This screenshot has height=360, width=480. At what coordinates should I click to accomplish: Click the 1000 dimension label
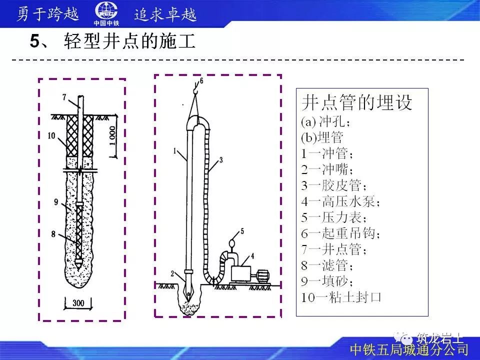pos(112,136)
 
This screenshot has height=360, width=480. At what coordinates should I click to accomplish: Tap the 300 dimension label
pos(78,303)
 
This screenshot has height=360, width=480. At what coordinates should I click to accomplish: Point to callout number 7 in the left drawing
pos(64,97)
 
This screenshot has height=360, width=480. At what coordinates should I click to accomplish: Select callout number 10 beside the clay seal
pos(51,135)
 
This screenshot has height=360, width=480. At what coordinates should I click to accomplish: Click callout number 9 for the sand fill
pos(56,201)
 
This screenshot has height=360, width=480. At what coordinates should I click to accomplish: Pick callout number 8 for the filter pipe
pos(53,234)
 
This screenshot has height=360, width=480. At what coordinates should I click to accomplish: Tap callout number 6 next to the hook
pos(201,81)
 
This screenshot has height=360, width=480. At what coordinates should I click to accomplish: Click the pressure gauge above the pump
pos(232,243)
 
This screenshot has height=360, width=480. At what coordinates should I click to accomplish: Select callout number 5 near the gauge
pos(242,231)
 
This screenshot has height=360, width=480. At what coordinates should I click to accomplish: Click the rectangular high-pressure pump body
pos(241,273)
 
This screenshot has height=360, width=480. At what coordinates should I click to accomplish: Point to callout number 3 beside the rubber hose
pos(221,160)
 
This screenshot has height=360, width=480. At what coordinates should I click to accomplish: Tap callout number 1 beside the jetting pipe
pos(174,150)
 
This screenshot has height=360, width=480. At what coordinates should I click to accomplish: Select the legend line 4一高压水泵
pos(340,201)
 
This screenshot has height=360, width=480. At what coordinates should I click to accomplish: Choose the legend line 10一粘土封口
pos(341,297)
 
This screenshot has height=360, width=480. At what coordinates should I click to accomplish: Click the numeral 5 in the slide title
pos(35,41)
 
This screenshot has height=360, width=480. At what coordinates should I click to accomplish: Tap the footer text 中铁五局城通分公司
pos(409,350)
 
